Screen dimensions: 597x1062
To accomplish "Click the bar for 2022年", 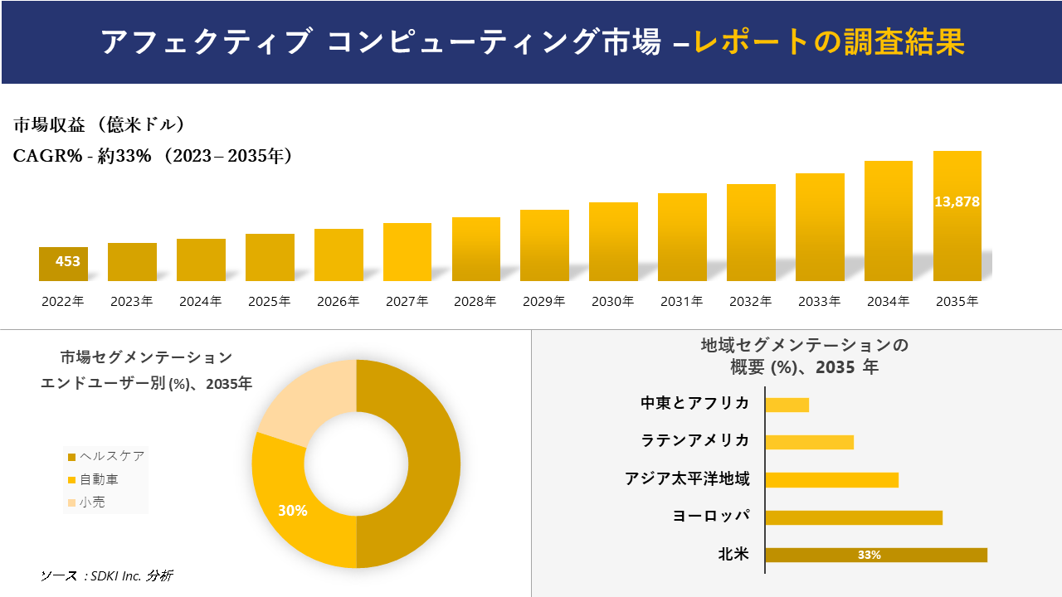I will click(63, 264).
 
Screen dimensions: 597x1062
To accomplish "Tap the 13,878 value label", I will click(957, 201).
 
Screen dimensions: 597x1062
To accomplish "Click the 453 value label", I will click(67, 261).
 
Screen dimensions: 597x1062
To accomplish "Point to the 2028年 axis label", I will click(475, 302).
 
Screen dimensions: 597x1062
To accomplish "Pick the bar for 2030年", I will click(613, 241).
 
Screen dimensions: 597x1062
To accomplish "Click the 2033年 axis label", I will click(819, 302).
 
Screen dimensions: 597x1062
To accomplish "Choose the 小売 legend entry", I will click(91, 502).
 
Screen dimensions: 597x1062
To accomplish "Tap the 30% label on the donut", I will click(292, 511).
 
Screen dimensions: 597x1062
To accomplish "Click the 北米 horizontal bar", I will click(876, 555).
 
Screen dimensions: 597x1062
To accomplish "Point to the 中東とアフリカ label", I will click(694, 404).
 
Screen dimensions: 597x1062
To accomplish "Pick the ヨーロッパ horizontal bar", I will click(854, 517).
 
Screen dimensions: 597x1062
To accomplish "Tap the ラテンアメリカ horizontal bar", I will click(809, 442).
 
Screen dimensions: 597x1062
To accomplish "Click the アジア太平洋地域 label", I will click(687, 479).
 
